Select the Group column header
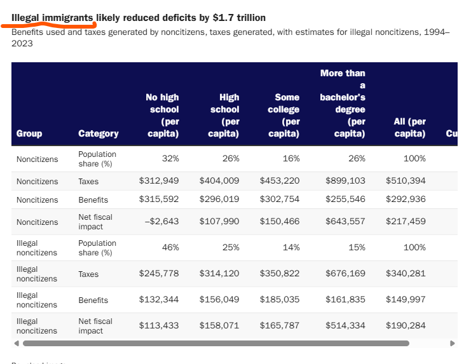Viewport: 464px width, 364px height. click(x=29, y=133)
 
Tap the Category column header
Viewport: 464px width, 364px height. click(x=99, y=133)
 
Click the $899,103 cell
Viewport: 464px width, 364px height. click(x=345, y=180)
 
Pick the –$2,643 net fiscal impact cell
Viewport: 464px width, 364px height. click(x=162, y=222)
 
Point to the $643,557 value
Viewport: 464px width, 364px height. click(x=345, y=222)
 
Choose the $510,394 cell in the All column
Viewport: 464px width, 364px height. click(x=406, y=180)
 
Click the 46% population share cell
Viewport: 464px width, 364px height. click(x=170, y=248)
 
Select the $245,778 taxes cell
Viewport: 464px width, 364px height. click(x=159, y=274)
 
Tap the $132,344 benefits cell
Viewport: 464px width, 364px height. click(x=159, y=300)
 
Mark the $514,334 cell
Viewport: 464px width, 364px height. click(x=345, y=325)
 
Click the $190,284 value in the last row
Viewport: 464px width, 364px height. click(x=406, y=325)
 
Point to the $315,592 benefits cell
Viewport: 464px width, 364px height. click(x=159, y=199)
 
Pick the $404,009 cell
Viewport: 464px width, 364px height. click(x=219, y=180)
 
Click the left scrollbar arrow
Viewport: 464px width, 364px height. click(x=17, y=343)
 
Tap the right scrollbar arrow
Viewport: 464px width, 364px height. click(x=453, y=343)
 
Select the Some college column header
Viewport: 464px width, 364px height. click(x=283, y=116)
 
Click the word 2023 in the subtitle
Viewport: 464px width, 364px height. click(x=22, y=43)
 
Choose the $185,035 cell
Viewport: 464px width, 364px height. click(x=280, y=300)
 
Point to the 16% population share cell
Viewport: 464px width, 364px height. click(x=291, y=159)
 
